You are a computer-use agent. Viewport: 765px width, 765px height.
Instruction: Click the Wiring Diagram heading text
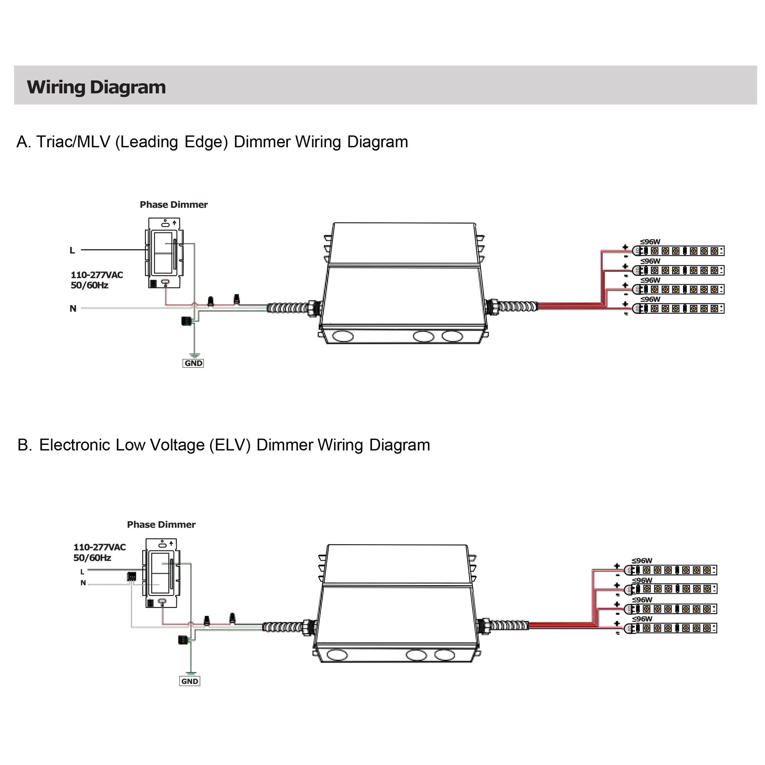pos(96,87)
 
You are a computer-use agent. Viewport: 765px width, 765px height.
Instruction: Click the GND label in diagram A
pos(193,363)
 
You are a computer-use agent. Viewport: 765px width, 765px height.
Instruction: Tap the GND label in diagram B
pos(190,681)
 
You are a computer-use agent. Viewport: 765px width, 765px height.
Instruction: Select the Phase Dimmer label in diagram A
pos(173,205)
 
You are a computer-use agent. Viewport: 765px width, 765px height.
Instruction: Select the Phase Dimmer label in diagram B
pos(161,525)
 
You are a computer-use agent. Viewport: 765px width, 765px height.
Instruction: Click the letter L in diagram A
pos(72,250)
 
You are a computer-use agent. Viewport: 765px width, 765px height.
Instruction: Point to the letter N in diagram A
pos(73,308)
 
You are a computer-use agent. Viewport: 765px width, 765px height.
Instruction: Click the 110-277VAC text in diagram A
pos(97,275)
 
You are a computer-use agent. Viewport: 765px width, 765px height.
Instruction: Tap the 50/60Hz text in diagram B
pos(92,558)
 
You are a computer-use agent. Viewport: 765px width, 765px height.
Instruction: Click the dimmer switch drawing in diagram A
pos(164,254)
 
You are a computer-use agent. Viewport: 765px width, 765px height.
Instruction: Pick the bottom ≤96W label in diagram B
pos(642,619)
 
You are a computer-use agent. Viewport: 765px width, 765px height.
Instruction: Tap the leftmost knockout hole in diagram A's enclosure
pos(342,336)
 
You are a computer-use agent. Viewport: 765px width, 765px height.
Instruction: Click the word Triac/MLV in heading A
pos(73,142)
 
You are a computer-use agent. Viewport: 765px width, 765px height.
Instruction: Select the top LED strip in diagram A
pos(679,251)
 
